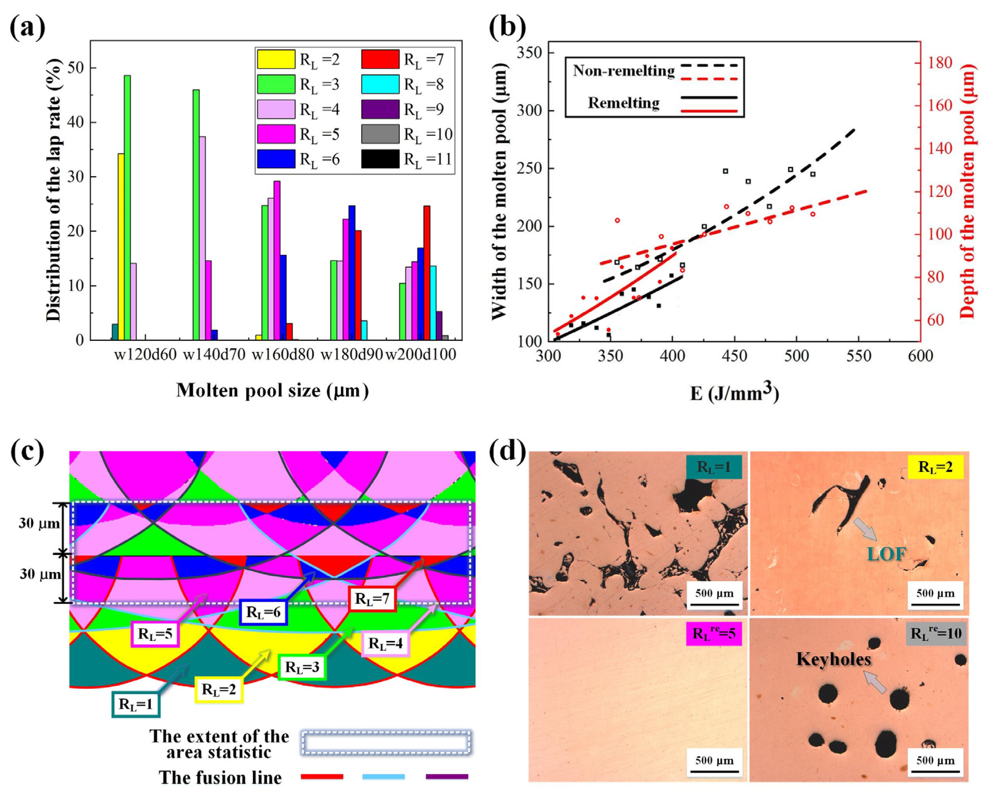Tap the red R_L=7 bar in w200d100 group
click(x=427, y=273)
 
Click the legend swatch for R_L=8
click(x=380, y=84)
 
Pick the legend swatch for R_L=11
click(x=380, y=159)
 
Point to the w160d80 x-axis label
click(x=283, y=354)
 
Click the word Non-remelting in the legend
click(x=623, y=71)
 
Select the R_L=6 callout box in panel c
click(x=263, y=612)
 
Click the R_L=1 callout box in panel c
click(x=136, y=704)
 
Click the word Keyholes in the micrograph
click(x=833, y=659)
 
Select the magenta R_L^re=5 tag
click(x=714, y=634)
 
